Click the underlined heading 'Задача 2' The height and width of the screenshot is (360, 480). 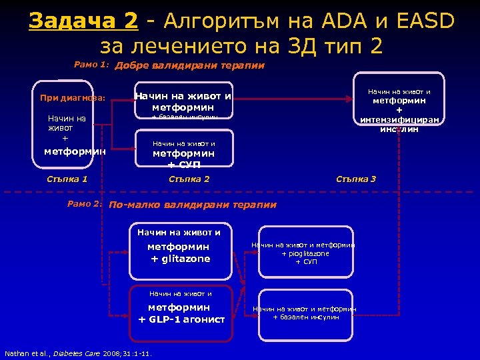pos(83,21)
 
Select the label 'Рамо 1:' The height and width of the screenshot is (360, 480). pos(91,65)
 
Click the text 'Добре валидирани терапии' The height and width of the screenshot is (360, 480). pos(190,65)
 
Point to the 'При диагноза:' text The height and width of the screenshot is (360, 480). pos(73,97)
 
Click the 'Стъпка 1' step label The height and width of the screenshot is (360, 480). pos(67,179)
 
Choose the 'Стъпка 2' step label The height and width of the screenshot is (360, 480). pos(189,179)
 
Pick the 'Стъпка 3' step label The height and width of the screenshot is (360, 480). pos(356,179)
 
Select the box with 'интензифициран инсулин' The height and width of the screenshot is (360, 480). pos(399,107)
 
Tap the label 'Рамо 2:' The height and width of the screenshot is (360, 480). pos(85,204)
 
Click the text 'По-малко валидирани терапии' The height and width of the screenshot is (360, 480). pos(193,205)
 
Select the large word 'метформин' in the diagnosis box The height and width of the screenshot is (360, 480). pos(75,151)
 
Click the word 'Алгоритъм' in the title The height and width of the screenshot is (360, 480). pos(221,21)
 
